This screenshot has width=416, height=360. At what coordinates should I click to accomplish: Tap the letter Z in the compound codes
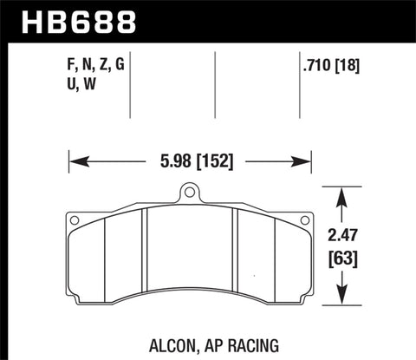click(106, 62)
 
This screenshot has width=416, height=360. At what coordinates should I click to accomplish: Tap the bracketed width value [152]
click(216, 160)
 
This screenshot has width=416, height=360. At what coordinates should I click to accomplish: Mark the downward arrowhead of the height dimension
click(347, 301)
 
